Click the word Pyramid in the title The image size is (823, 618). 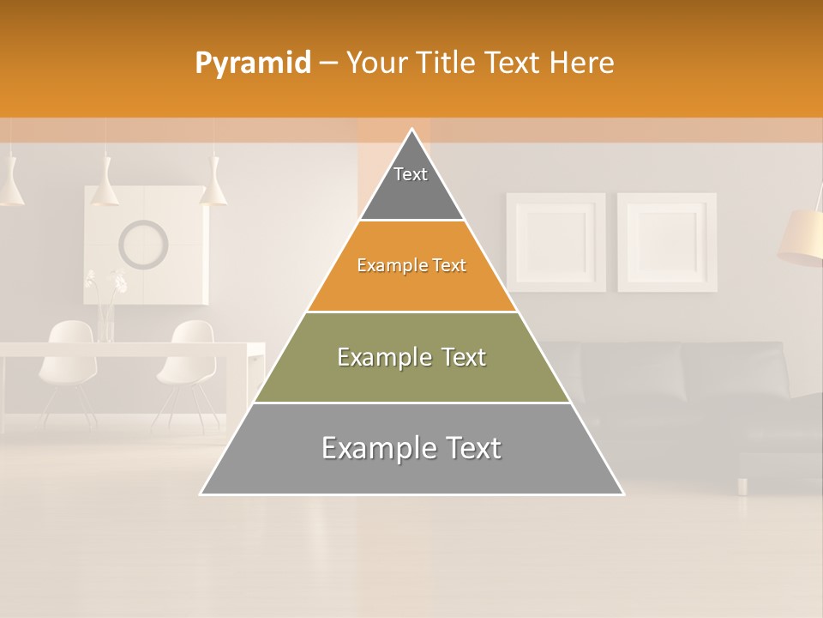252,64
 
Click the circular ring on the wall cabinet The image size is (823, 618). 143,244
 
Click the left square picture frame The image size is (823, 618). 556,242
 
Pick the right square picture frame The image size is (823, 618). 667,242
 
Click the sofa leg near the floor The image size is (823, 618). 742,486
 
